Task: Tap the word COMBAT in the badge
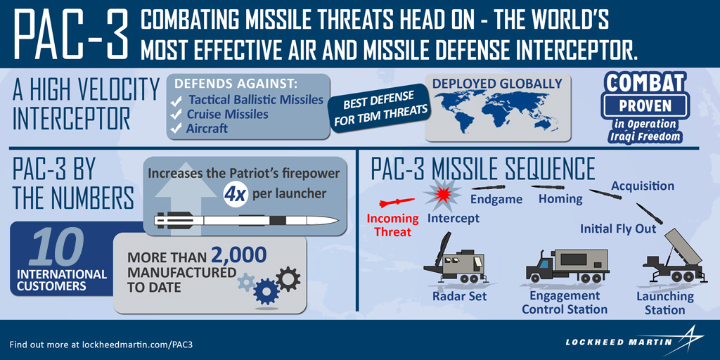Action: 646,84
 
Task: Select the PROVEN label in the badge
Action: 645,106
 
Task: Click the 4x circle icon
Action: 235,195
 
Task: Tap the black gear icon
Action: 288,279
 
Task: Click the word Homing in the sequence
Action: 560,199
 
